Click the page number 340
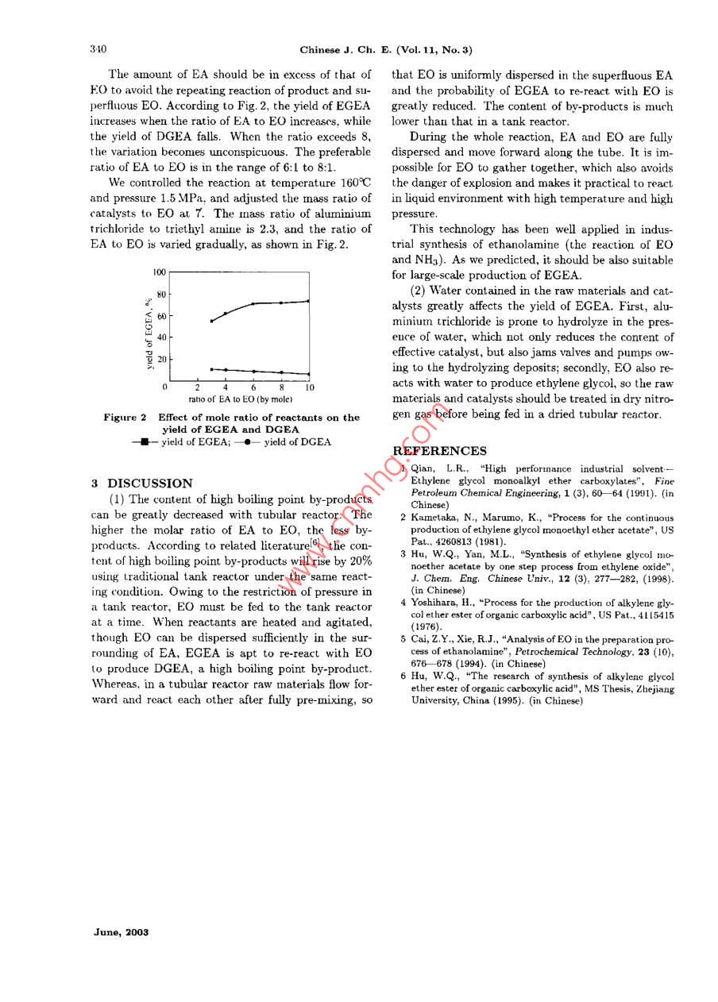(x=98, y=49)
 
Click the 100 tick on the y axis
(x=159, y=272)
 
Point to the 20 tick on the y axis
(x=161, y=359)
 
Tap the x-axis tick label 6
(x=253, y=387)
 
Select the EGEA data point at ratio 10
(x=308, y=301)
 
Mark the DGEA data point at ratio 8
(x=281, y=372)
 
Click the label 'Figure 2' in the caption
(x=125, y=418)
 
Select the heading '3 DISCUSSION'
(x=141, y=483)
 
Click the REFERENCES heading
(x=440, y=451)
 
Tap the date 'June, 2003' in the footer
(x=121, y=932)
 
